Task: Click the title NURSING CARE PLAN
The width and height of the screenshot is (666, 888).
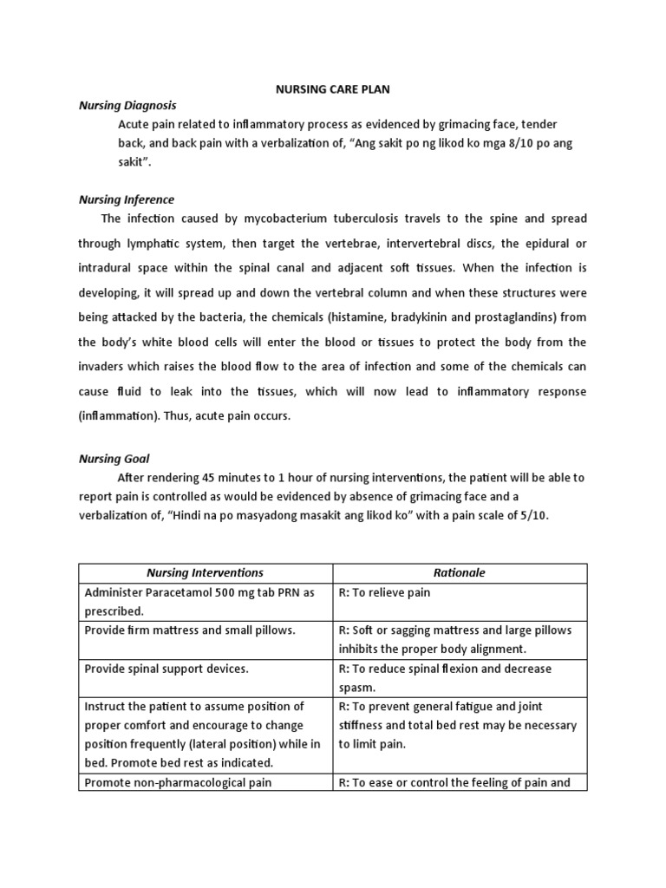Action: pos(333,88)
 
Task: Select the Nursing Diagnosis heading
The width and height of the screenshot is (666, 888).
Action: pos(127,105)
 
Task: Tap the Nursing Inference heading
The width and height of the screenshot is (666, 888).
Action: pos(127,199)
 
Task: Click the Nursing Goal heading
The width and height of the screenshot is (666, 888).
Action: pos(114,459)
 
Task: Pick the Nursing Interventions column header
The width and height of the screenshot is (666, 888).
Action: pos(206,573)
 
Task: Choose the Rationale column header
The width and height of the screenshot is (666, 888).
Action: pos(460,573)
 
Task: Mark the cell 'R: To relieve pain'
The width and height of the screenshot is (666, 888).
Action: pos(384,592)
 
